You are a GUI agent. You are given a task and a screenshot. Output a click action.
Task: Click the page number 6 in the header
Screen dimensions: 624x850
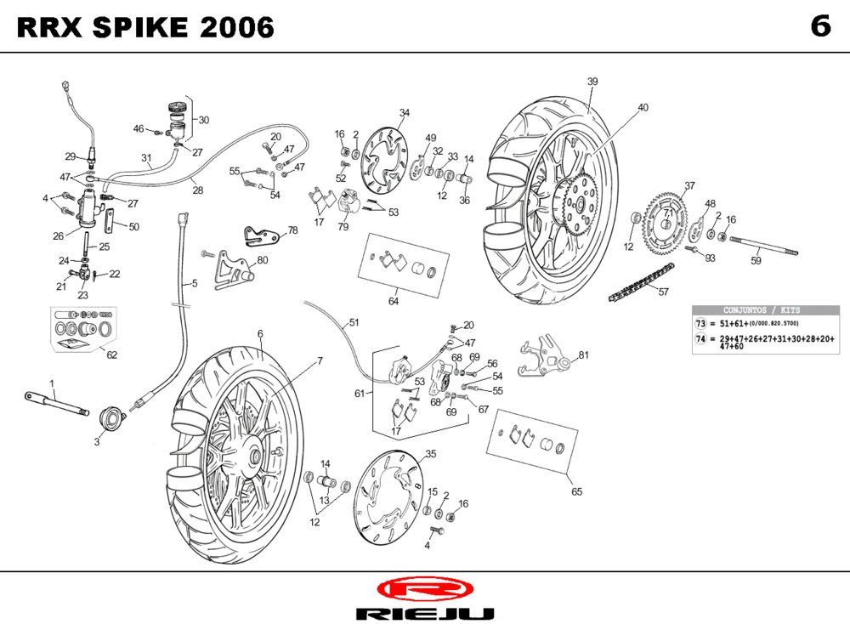[x=819, y=27]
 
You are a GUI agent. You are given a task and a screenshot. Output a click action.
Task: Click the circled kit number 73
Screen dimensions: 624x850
[x=700, y=325]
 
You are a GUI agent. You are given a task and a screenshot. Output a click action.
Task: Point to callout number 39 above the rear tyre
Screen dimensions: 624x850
[x=592, y=82]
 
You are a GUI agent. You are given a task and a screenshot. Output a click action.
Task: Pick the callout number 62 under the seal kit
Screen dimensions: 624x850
[x=111, y=355]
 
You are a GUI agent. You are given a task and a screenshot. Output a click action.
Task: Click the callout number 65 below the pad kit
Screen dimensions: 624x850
[x=577, y=491]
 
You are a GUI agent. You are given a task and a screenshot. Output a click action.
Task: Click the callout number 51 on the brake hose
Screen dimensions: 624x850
[x=354, y=322]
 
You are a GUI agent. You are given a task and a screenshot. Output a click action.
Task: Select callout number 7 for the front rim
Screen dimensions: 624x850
[x=320, y=361]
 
